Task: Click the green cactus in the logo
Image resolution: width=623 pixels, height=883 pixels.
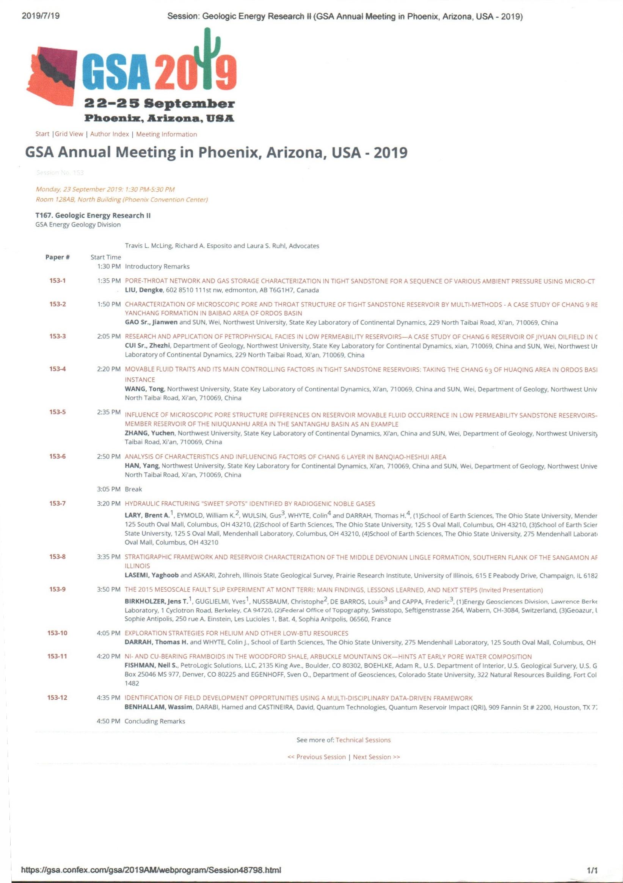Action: tap(208, 58)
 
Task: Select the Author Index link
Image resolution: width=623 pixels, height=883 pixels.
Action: tap(110, 134)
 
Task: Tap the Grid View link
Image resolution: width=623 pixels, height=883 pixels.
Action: tap(69, 134)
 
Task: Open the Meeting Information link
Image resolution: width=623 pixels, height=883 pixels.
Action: tap(166, 134)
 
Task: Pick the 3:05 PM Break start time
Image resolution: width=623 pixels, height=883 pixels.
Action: tap(109, 489)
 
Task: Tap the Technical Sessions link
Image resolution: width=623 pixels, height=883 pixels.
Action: tap(363, 740)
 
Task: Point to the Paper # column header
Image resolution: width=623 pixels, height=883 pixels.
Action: tap(57, 257)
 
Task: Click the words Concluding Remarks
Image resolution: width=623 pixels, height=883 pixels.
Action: tap(155, 721)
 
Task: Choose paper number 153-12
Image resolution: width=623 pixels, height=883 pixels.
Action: tap(57, 698)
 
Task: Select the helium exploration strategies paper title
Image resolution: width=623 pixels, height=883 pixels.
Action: tap(237, 633)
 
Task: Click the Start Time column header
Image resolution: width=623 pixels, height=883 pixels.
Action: tap(106, 257)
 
